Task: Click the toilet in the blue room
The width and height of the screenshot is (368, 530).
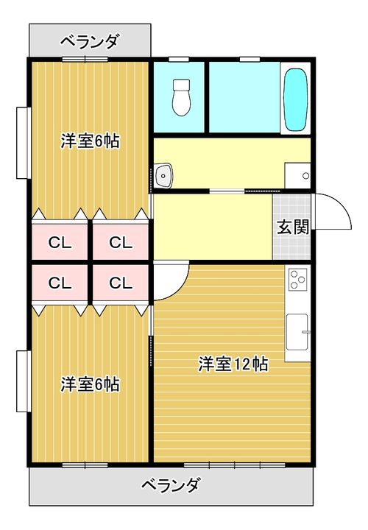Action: point(182,98)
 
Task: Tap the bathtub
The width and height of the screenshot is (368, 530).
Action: point(296,99)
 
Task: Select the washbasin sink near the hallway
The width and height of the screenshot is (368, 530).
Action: point(163,175)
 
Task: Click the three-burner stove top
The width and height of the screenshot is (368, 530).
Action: point(297,279)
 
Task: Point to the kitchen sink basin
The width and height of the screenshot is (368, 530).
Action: point(297,331)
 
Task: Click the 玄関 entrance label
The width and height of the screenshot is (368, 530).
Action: point(294,227)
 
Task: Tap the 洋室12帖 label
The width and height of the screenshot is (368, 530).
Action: point(233,364)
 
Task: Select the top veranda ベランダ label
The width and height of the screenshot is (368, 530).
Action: point(90,42)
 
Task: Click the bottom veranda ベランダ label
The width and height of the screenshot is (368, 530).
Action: point(171,485)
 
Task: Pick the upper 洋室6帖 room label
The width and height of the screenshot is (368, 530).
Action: point(90,141)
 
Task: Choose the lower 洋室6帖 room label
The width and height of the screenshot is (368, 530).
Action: point(90,384)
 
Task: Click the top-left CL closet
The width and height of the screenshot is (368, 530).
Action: point(60,242)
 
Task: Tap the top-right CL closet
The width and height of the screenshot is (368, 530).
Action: point(121,242)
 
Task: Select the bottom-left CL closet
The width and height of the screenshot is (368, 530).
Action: point(60,283)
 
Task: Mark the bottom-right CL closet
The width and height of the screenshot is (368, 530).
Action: point(121,283)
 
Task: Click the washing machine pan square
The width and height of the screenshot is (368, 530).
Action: point(297,175)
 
